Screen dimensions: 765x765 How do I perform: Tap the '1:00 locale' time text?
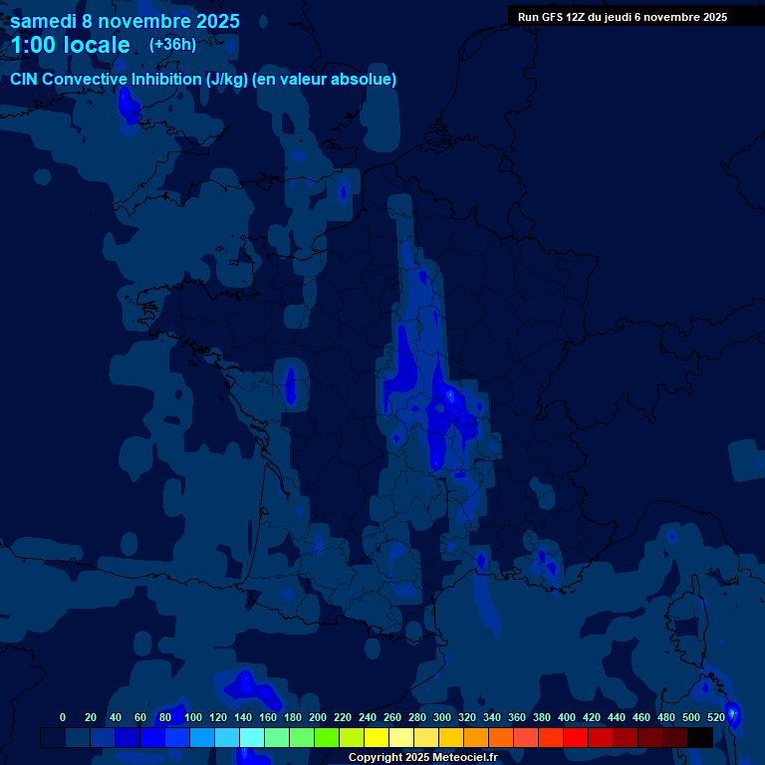pos(70,45)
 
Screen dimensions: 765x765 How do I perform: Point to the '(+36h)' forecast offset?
pos(172,45)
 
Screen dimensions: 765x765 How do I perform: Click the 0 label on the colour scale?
pos(63,717)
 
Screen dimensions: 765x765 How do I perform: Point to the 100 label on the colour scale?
pos(193,717)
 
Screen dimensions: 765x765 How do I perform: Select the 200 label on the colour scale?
pos(318,717)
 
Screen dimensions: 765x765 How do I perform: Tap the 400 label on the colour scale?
pos(567,717)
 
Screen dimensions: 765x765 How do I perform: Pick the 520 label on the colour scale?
pos(716,717)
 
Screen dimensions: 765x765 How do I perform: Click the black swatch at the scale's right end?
pos(700,737)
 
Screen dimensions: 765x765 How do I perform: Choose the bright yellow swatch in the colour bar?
pos(377,737)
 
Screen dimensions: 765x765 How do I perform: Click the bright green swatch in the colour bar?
pos(327,737)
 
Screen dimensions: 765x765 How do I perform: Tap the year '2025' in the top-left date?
pos(211,21)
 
